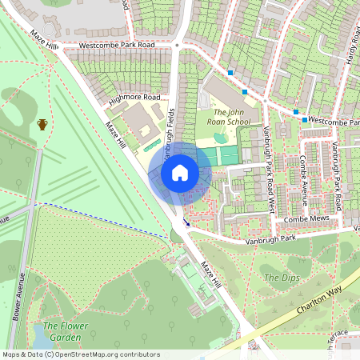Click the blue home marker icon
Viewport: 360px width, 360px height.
[180, 173]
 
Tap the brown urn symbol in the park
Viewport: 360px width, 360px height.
[42, 124]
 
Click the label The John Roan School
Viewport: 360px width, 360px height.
[227, 117]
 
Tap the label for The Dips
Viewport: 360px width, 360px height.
[281, 278]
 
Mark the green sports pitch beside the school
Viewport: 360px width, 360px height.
[228, 154]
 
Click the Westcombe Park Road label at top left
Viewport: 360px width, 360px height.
[116, 46]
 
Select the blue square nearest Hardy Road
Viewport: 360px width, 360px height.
[304, 119]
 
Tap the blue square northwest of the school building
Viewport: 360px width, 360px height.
[230, 73]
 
